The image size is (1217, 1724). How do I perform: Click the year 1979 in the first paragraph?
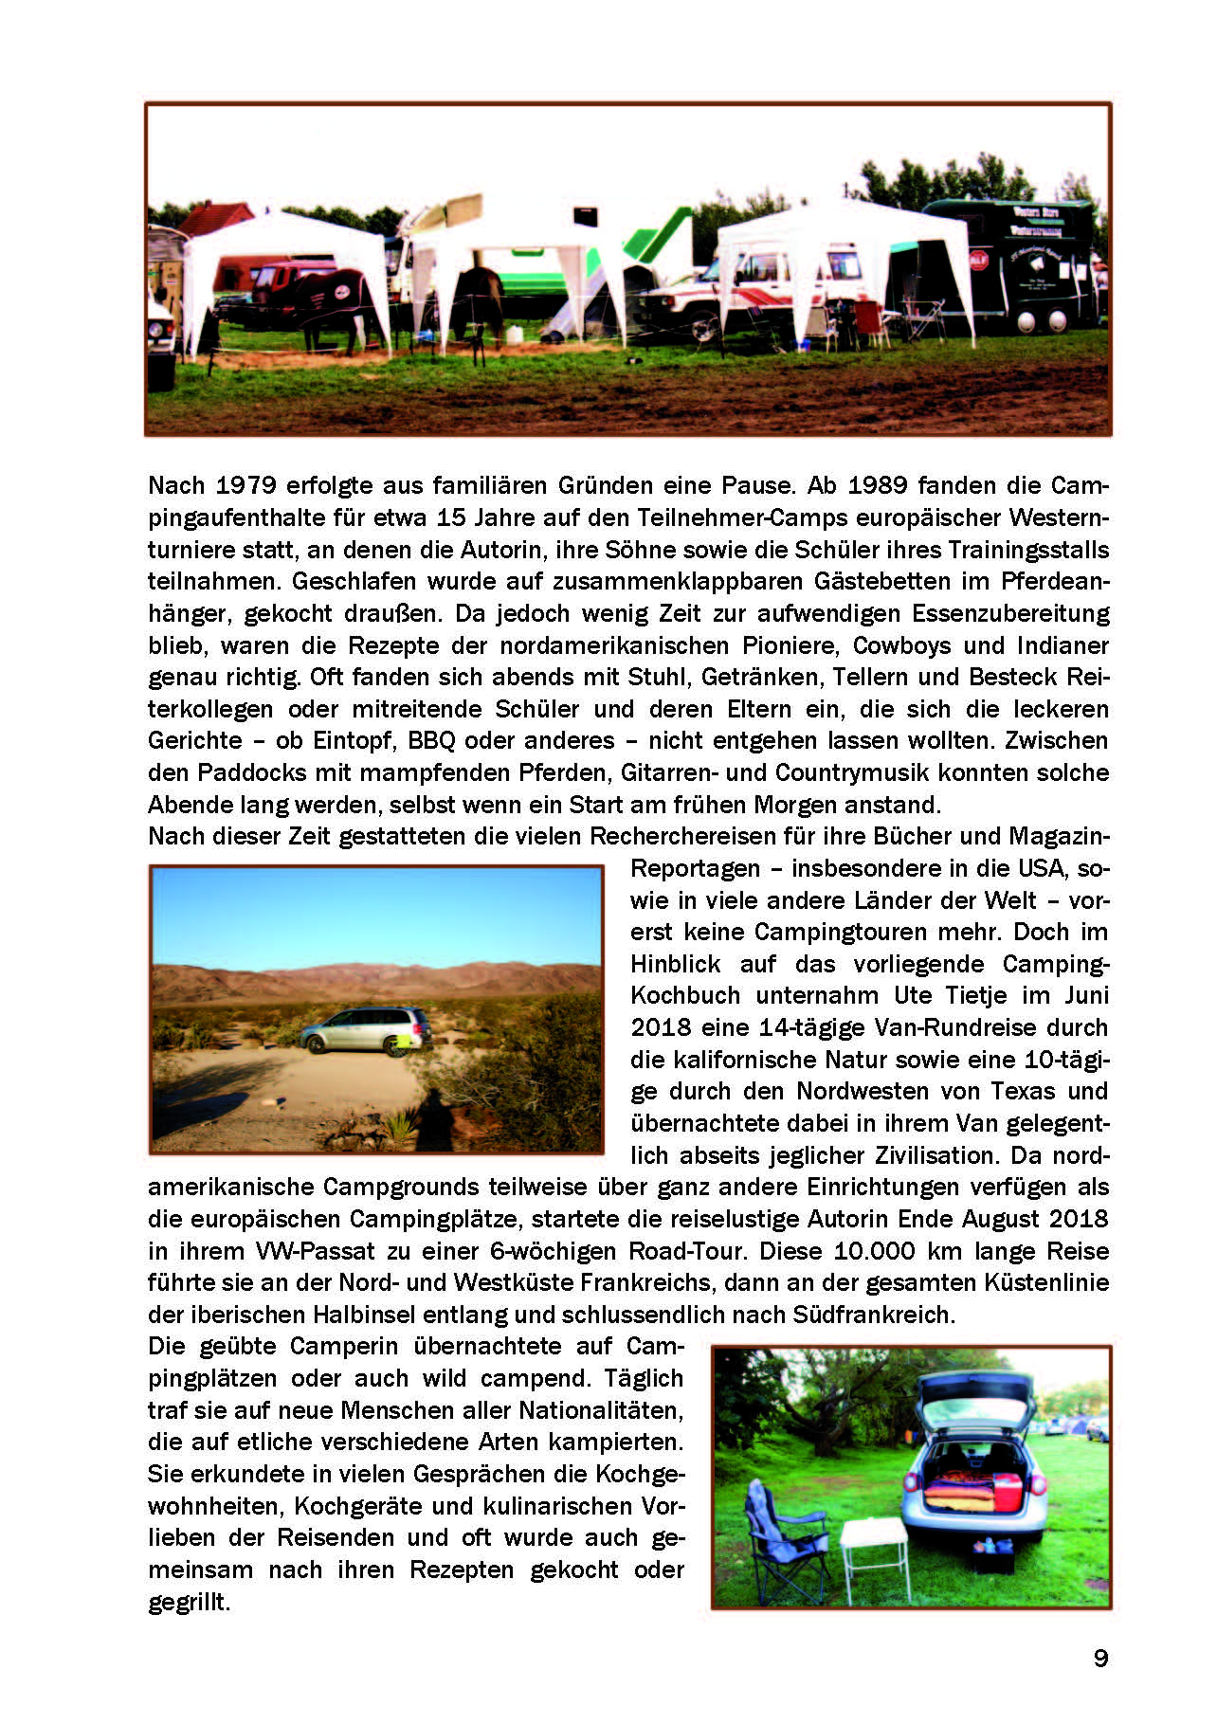pyautogui.click(x=245, y=486)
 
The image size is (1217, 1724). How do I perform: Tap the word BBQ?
pyautogui.click(x=432, y=741)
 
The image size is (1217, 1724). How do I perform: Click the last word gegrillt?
pyautogui.click(x=189, y=1603)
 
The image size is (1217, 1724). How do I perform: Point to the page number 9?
pyautogui.click(x=1100, y=1659)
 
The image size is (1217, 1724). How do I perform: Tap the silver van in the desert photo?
pyautogui.click(x=367, y=1029)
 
